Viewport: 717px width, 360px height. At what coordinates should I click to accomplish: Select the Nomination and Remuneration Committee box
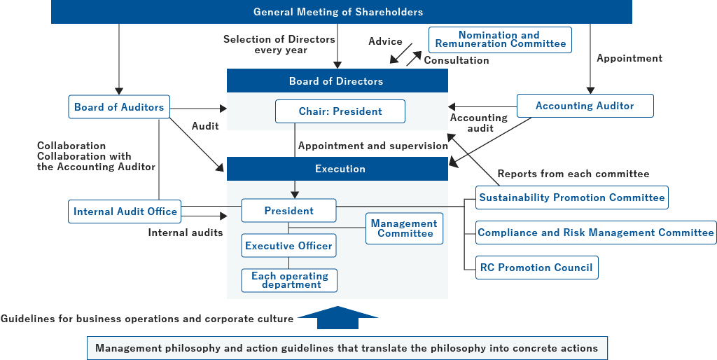click(500, 39)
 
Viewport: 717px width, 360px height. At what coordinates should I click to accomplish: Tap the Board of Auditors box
click(119, 107)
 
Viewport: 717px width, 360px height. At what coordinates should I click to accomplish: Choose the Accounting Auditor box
click(585, 106)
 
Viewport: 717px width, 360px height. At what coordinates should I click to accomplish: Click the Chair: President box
click(340, 111)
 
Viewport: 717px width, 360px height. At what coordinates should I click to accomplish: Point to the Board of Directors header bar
click(337, 81)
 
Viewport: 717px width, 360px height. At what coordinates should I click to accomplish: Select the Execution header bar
click(337, 169)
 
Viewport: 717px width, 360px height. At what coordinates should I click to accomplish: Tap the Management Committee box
click(404, 228)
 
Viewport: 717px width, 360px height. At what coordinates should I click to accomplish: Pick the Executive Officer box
click(289, 246)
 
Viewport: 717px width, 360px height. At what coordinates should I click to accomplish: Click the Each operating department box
click(289, 280)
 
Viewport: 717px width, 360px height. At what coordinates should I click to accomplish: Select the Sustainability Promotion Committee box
click(571, 198)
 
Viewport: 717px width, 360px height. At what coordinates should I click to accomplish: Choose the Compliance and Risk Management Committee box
click(596, 233)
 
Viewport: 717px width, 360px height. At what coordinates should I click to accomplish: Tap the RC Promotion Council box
click(536, 268)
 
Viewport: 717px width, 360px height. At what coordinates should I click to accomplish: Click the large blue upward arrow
click(337, 317)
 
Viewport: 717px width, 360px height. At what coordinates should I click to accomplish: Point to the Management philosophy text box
click(347, 348)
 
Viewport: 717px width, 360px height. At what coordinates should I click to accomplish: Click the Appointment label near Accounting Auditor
click(629, 58)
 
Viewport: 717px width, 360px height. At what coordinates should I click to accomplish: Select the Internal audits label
click(186, 233)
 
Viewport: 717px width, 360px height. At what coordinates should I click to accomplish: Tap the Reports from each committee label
click(573, 174)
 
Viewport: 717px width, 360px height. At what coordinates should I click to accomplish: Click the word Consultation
click(457, 60)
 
